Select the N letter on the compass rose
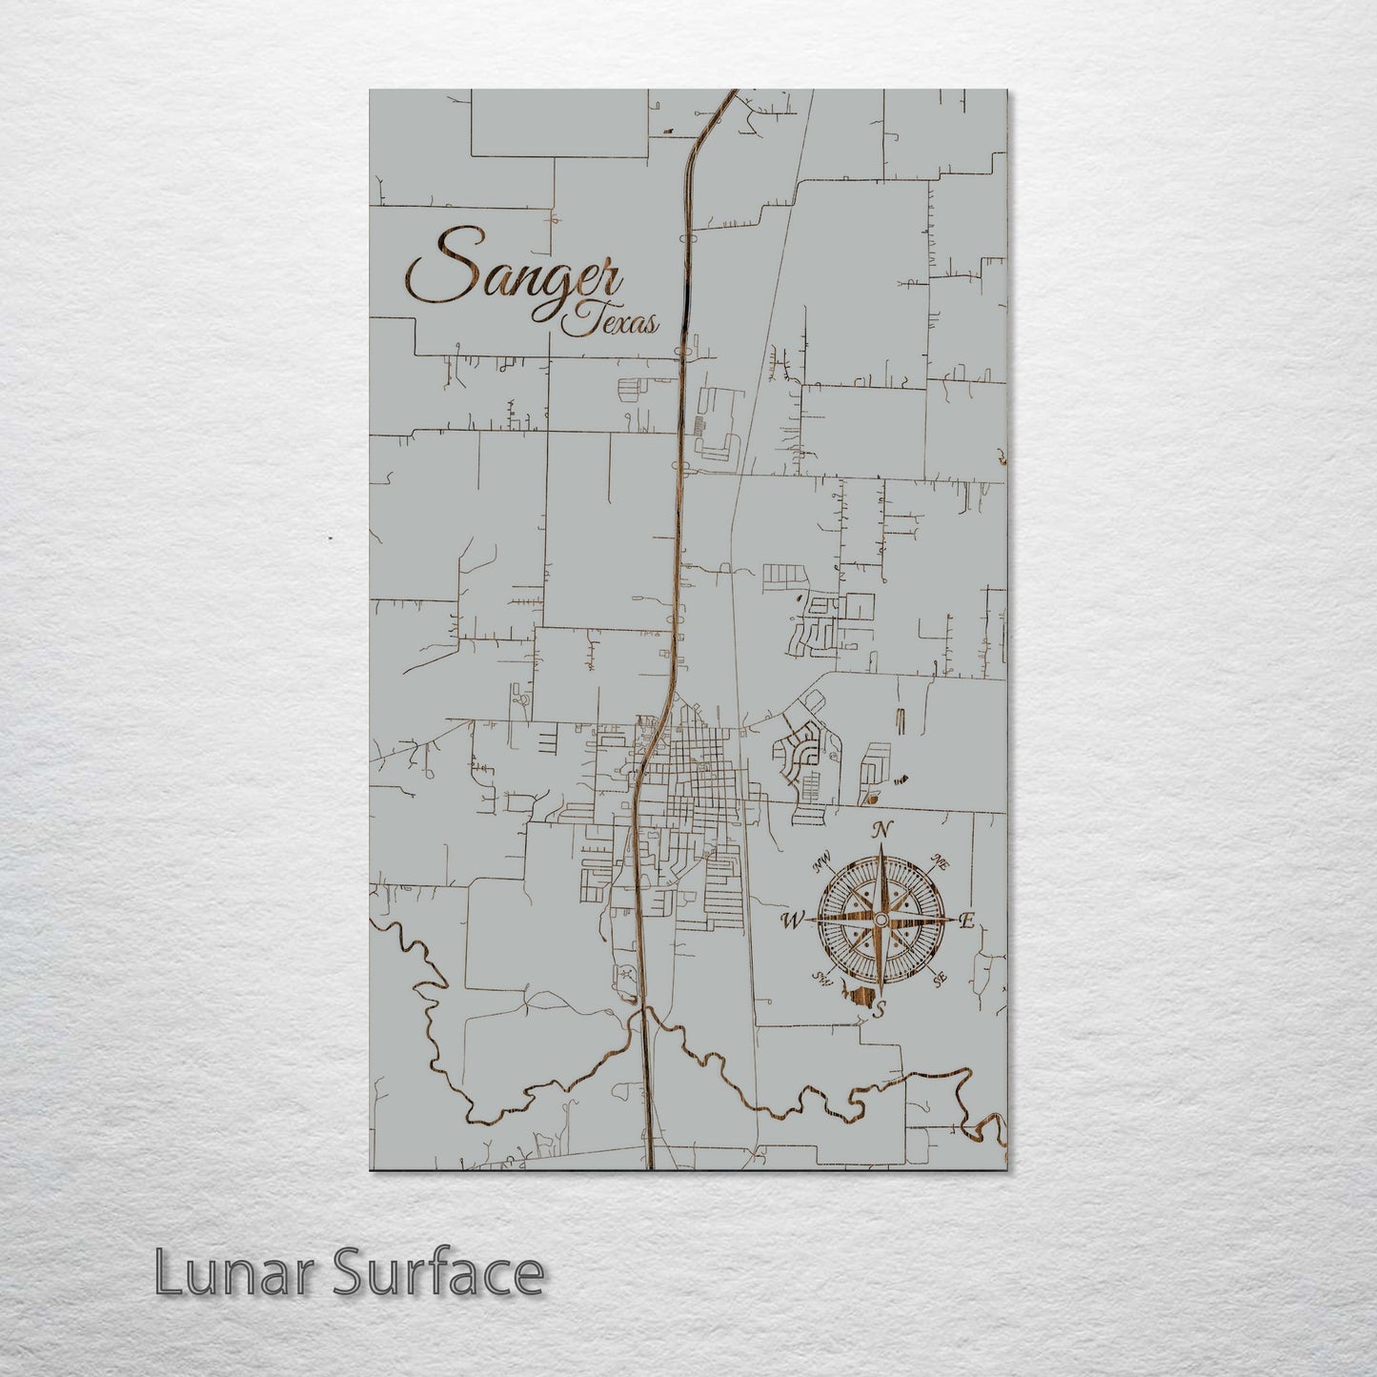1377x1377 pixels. (883, 829)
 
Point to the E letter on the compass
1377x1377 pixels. (965, 921)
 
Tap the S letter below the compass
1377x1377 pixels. (882, 1010)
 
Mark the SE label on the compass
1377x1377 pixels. (941, 978)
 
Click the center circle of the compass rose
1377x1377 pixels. (881, 919)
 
